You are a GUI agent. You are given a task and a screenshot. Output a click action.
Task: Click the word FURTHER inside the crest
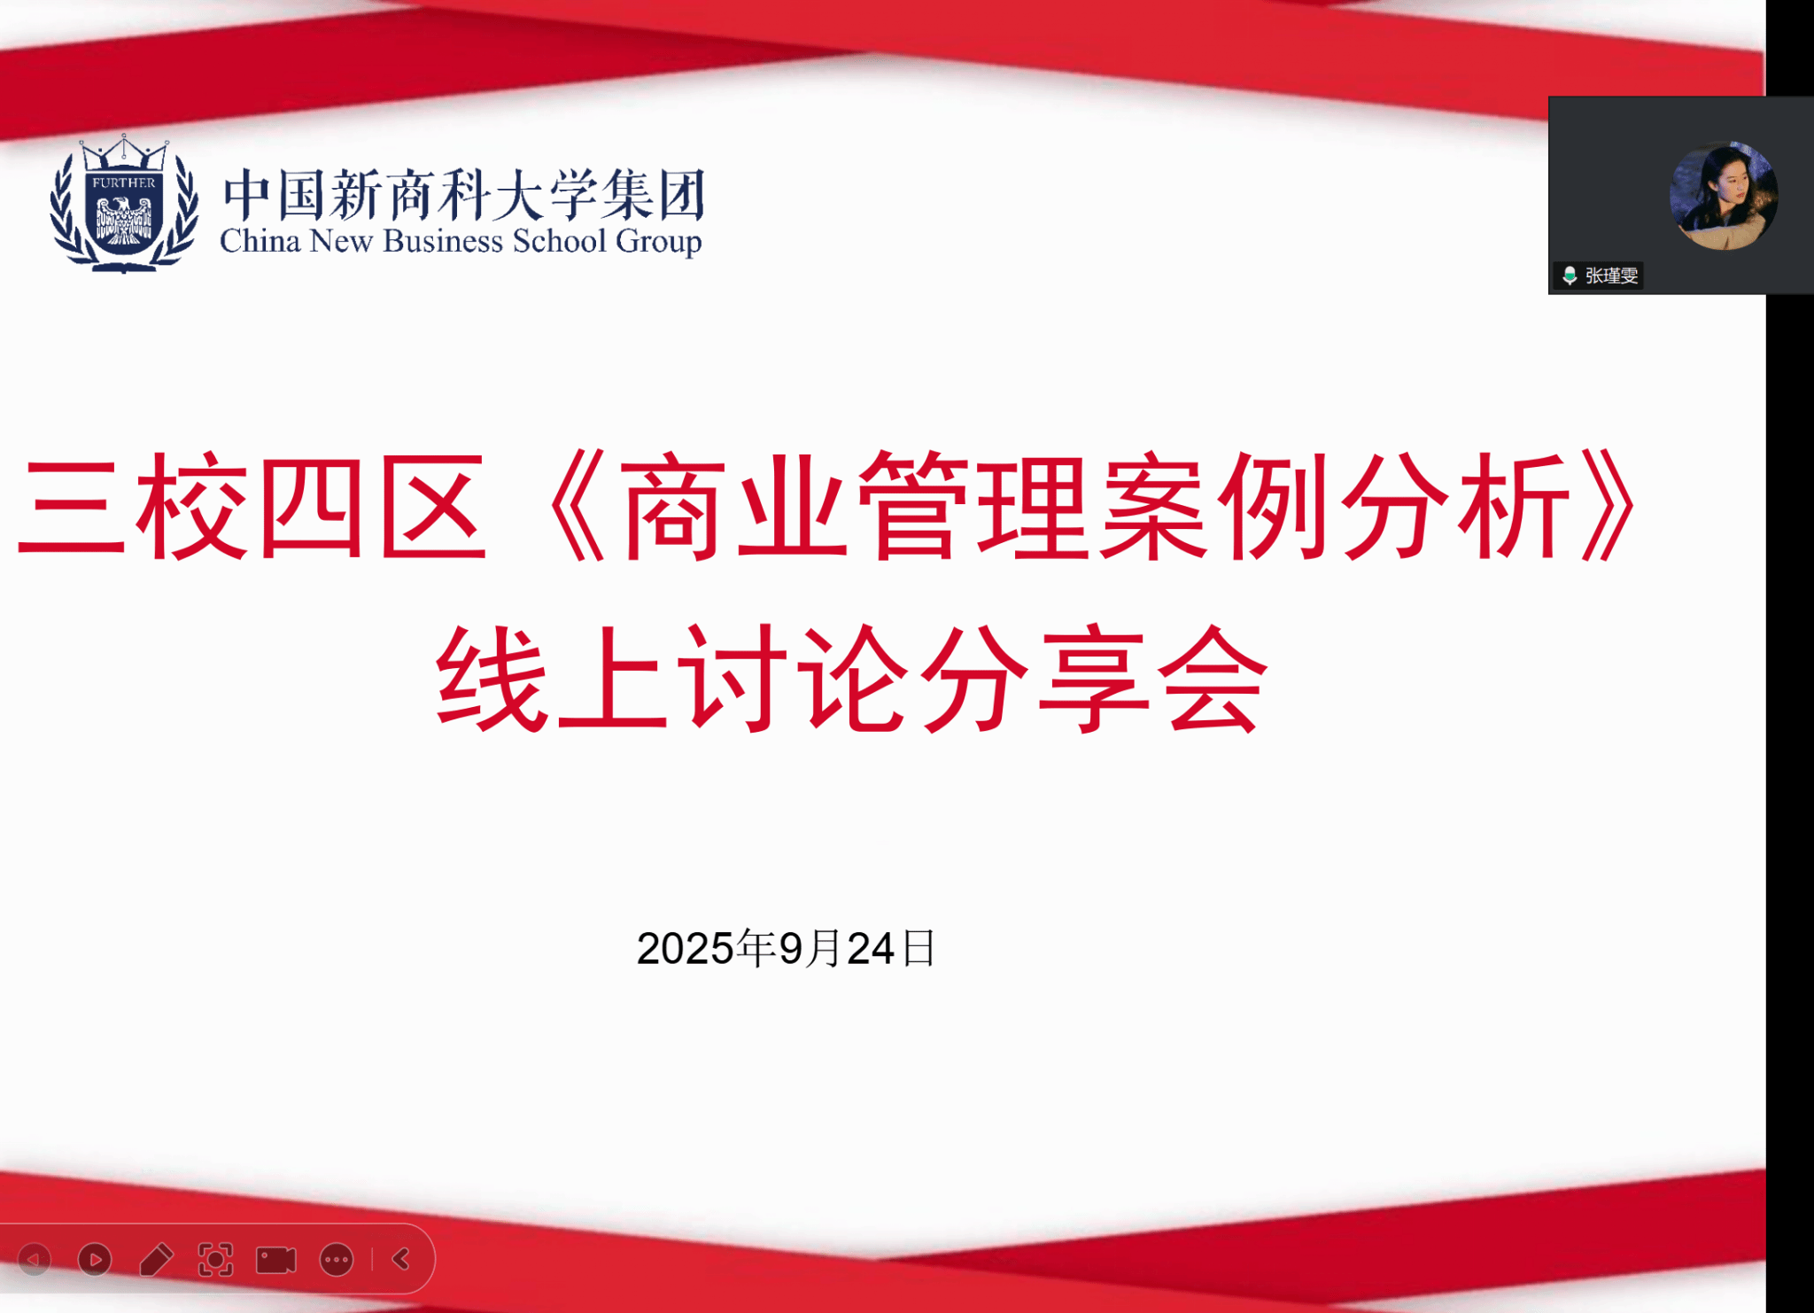(124, 183)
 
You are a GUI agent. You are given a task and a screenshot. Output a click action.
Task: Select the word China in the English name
(260, 240)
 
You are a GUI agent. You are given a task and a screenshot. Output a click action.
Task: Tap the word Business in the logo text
(443, 240)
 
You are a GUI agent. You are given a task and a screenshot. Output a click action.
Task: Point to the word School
(560, 240)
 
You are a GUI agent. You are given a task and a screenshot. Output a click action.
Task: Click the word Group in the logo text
(659, 242)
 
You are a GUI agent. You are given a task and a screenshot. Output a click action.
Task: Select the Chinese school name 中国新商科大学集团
(464, 194)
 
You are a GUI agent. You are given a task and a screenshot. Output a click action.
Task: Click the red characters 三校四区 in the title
(252, 506)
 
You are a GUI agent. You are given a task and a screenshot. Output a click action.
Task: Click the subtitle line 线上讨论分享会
(852, 679)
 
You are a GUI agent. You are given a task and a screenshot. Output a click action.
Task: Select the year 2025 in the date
(685, 949)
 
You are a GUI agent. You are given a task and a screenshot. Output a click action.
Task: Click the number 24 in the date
(871, 949)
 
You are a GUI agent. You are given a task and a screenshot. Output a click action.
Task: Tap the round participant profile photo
(1724, 196)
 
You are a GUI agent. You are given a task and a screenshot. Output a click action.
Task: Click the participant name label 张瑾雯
(1611, 276)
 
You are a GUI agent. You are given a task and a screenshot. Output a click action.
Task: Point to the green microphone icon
(1570, 276)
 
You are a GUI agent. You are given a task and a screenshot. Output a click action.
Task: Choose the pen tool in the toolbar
(156, 1259)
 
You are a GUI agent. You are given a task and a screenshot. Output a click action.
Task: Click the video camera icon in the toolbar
(276, 1260)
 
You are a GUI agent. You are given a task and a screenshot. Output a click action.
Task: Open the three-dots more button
(337, 1260)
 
